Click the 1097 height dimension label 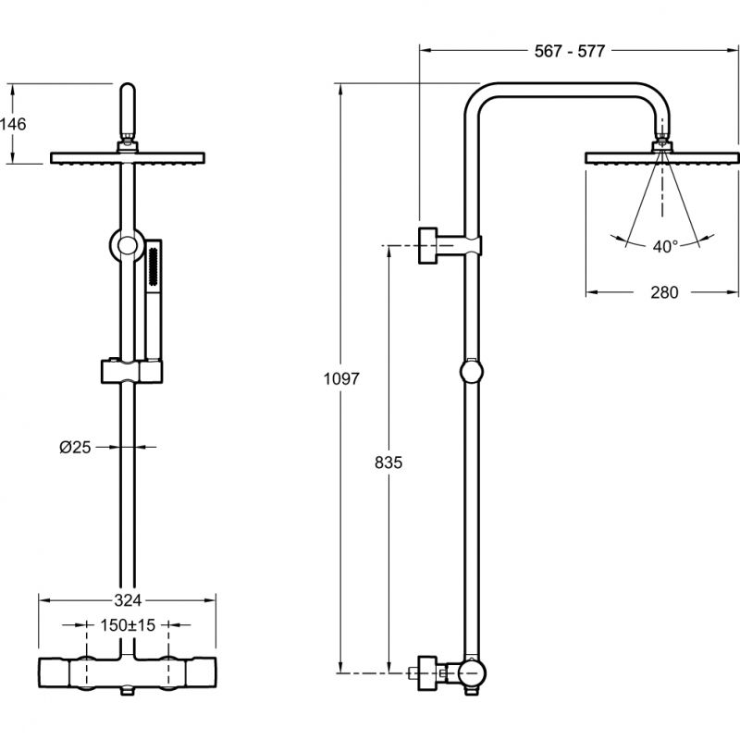coord(341,378)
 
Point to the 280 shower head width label coord(663,292)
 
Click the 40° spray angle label coord(664,246)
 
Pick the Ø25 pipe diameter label coord(75,447)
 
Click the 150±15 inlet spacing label coord(129,625)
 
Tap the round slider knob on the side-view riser coord(472,372)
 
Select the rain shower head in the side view coord(662,158)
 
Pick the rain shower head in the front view coord(129,158)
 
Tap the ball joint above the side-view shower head coord(663,143)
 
